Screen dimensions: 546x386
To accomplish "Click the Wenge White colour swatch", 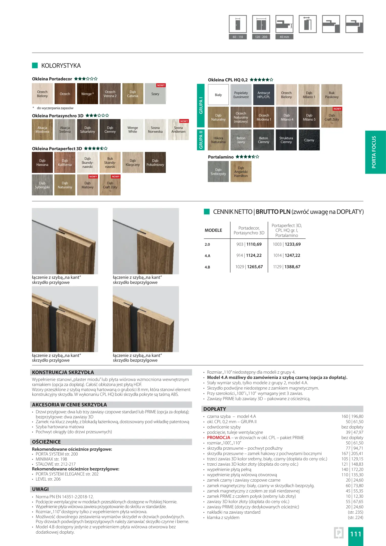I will pos(132,130).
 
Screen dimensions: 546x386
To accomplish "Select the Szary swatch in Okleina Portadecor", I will pos(155,94).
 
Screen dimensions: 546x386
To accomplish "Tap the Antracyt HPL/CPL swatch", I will pos(264,95).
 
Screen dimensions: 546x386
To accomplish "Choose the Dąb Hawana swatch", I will pos(42,163).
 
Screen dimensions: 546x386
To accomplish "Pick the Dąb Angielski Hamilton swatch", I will pos(241,172).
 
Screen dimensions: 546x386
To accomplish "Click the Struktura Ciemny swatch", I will pos(286,140).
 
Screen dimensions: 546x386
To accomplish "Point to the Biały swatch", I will pos(218,95).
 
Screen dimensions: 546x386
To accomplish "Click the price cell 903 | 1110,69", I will pos(249,244).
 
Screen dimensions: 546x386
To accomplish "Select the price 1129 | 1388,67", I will pos(287,267).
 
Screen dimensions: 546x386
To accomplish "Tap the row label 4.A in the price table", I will pos(208,256).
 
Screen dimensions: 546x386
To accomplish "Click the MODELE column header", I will pos(213,230).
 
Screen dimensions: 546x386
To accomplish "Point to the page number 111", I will pos(355,534).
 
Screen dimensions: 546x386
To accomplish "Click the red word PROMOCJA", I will pos(218,438).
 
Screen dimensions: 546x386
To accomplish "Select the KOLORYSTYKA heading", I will pos(61,66).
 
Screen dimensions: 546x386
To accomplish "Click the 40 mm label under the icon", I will pos(284,37).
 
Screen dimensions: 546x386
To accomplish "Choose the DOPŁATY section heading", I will pos(215,409).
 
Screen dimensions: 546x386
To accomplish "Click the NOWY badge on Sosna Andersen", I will pos(184,121).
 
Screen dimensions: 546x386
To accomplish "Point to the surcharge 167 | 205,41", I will pos(352,453).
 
